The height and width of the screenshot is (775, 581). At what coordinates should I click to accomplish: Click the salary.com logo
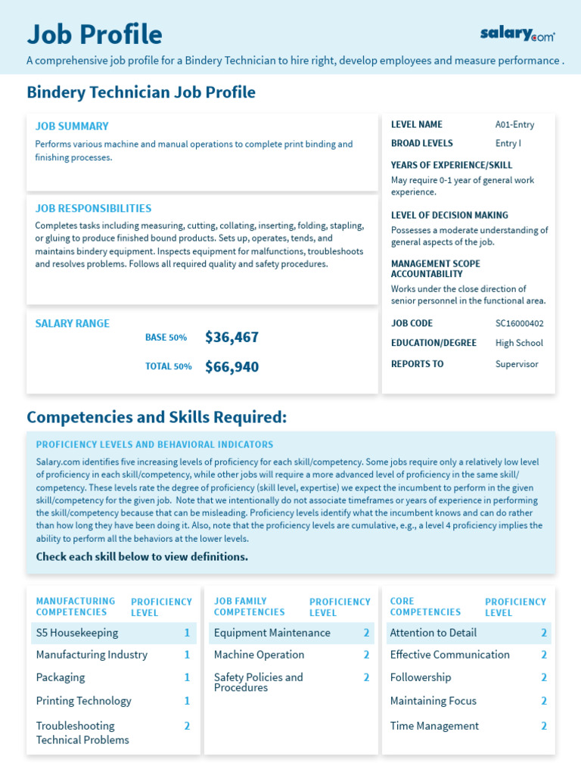517,33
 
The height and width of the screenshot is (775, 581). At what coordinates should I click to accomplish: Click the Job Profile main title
95,34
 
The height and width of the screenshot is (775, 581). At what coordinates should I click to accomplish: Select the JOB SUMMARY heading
72,126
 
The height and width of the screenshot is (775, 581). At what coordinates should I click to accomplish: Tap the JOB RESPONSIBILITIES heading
93,208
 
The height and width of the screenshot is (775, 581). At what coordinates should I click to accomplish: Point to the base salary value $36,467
231,338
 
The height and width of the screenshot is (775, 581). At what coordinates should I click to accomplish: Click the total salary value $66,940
231,367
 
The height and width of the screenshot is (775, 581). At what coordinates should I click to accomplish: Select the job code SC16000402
519,323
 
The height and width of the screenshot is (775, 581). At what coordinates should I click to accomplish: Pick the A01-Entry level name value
514,125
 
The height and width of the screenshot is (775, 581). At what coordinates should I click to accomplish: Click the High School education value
519,343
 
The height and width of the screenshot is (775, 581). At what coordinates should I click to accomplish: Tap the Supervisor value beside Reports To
517,364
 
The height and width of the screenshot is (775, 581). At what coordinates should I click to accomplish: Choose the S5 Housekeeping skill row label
77,633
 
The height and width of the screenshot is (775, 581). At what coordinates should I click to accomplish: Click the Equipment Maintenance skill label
272,633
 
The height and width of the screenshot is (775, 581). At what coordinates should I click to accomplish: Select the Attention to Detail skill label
433,633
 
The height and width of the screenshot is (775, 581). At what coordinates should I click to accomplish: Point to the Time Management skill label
434,726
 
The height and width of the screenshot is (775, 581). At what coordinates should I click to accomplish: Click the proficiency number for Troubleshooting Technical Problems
187,726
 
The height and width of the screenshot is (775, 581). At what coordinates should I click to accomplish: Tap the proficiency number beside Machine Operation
366,655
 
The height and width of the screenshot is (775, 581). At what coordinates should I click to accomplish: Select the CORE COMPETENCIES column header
425,607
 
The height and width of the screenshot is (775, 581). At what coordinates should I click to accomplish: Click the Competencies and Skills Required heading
157,417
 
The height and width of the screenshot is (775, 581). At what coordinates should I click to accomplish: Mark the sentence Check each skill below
141,557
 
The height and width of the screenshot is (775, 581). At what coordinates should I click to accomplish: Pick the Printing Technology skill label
83,701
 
